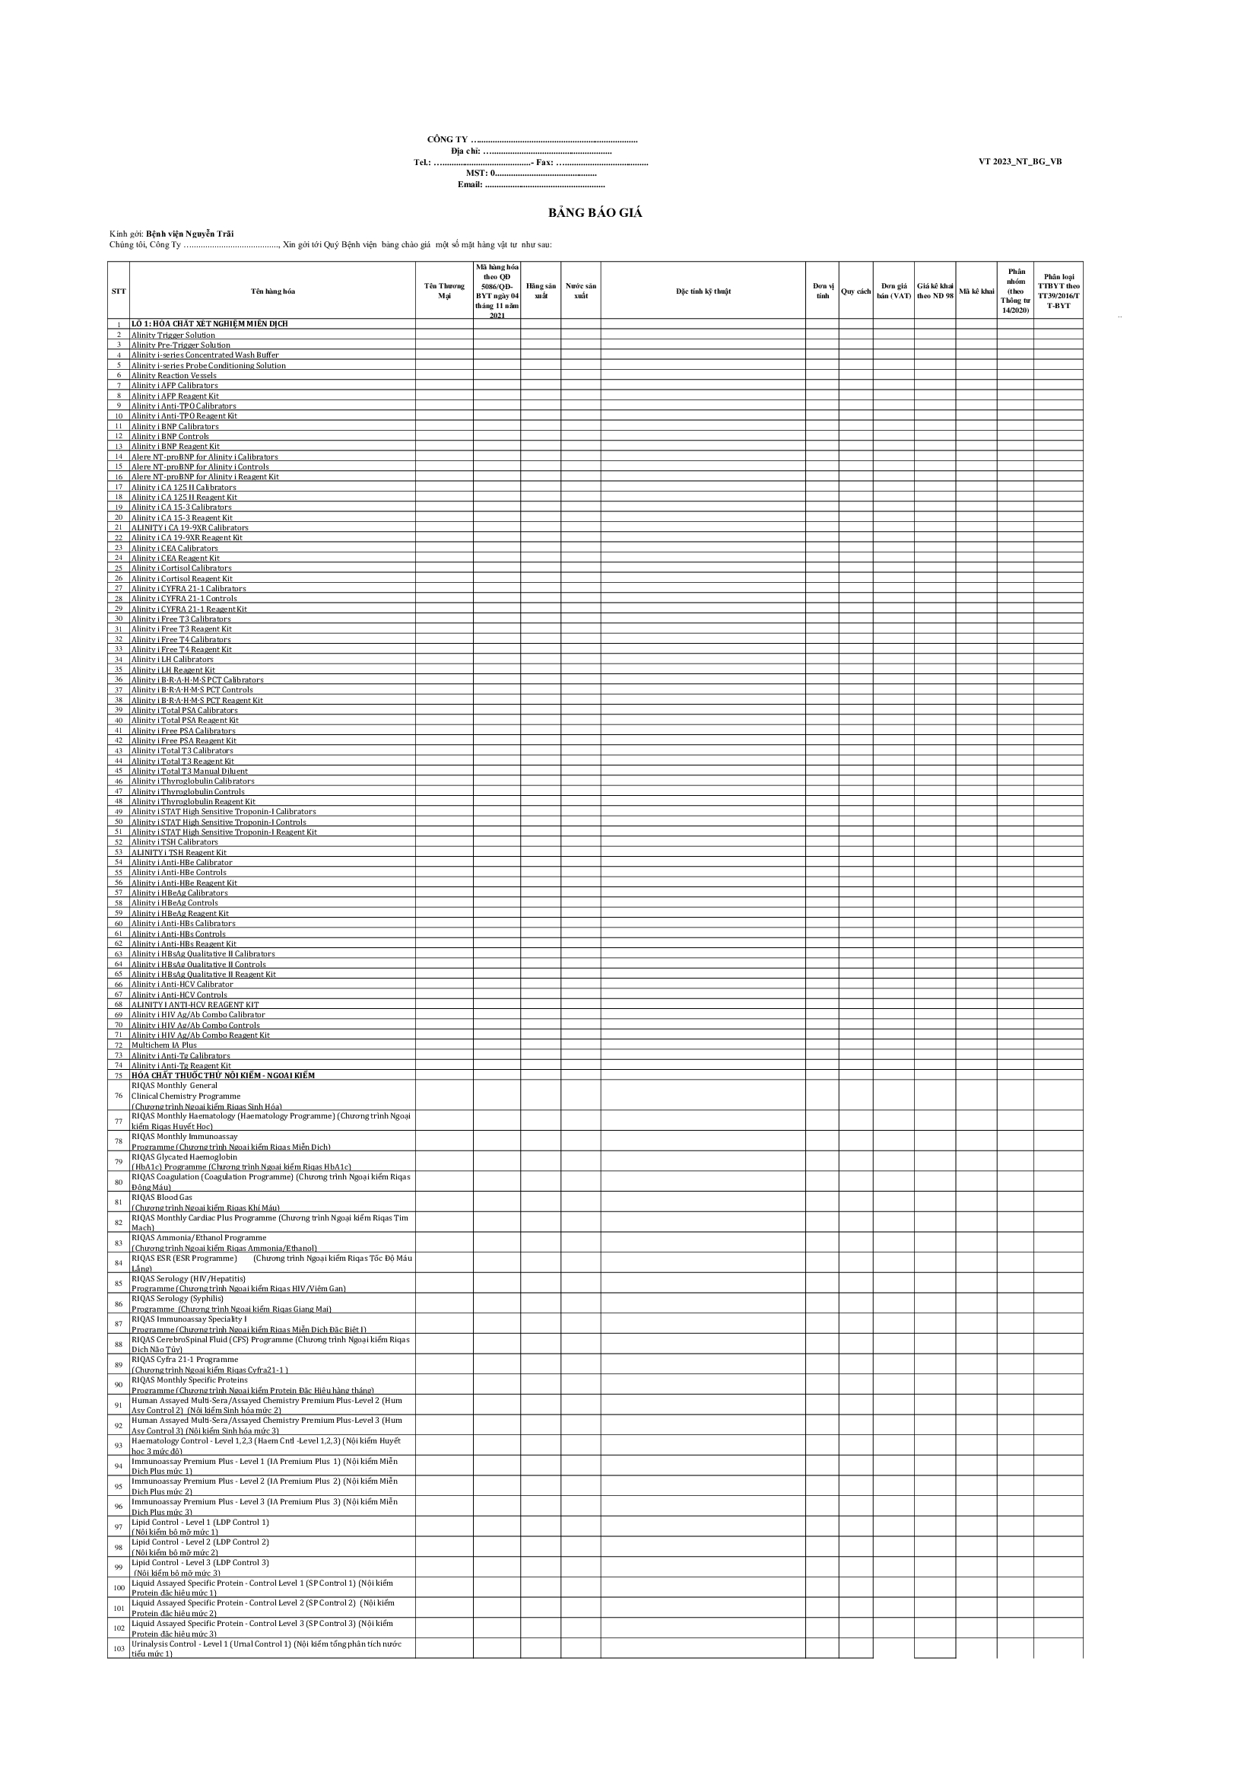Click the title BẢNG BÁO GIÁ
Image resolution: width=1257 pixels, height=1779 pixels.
(x=595, y=213)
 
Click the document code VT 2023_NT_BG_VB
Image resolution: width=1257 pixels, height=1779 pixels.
(x=1019, y=161)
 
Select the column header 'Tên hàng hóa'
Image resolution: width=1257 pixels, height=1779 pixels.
(x=273, y=291)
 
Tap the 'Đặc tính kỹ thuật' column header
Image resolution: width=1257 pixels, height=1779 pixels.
(x=703, y=291)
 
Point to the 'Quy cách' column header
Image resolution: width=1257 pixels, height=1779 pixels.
(x=855, y=291)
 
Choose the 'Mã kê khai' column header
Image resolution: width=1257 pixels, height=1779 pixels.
(x=975, y=291)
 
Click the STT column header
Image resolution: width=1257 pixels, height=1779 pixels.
(x=119, y=291)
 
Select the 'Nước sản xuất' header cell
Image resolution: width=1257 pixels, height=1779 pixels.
(x=580, y=291)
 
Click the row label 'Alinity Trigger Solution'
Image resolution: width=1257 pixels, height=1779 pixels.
(x=173, y=335)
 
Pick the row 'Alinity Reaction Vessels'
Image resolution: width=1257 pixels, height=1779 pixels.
(x=173, y=375)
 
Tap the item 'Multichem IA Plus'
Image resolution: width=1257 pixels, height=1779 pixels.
(x=163, y=1045)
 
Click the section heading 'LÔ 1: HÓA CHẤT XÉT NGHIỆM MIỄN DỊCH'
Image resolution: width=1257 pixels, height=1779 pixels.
(x=209, y=324)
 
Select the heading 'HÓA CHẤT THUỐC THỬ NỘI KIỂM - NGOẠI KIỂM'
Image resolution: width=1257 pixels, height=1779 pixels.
(x=223, y=1074)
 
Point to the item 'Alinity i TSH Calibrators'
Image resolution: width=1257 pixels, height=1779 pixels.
(x=174, y=842)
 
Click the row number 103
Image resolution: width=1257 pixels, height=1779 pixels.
(x=119, y=1648)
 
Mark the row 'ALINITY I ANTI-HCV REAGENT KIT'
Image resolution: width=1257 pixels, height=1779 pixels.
(x=195, y=1004)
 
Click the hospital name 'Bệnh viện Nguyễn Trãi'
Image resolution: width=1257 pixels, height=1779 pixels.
(x=190, y=234)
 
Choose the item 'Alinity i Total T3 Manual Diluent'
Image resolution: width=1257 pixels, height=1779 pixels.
(x=189, y=771)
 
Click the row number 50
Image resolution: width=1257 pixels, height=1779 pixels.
(x=119, y=822)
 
